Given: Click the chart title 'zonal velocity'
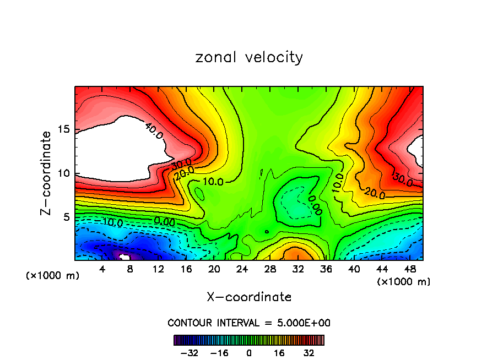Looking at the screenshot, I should (249, 57).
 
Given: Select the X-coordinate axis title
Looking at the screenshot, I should (249, 297).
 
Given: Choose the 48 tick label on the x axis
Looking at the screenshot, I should (409, 269).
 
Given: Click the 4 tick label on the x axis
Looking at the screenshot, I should (102, 269).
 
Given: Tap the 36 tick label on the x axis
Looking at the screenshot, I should (326, 269).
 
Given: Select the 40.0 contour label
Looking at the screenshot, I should (154, 131).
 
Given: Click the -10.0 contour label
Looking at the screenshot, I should (112, 222).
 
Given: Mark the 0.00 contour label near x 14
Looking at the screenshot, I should (164, 222).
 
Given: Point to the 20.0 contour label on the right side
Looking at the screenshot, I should (374, 193).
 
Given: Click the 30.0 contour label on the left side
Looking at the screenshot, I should (181, 163).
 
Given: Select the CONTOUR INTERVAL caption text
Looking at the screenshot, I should (249, 323).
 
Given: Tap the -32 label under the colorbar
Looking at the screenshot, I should (191, 352).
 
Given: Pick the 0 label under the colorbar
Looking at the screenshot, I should (249, 352).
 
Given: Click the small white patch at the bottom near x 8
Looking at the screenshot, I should (125, 257).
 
